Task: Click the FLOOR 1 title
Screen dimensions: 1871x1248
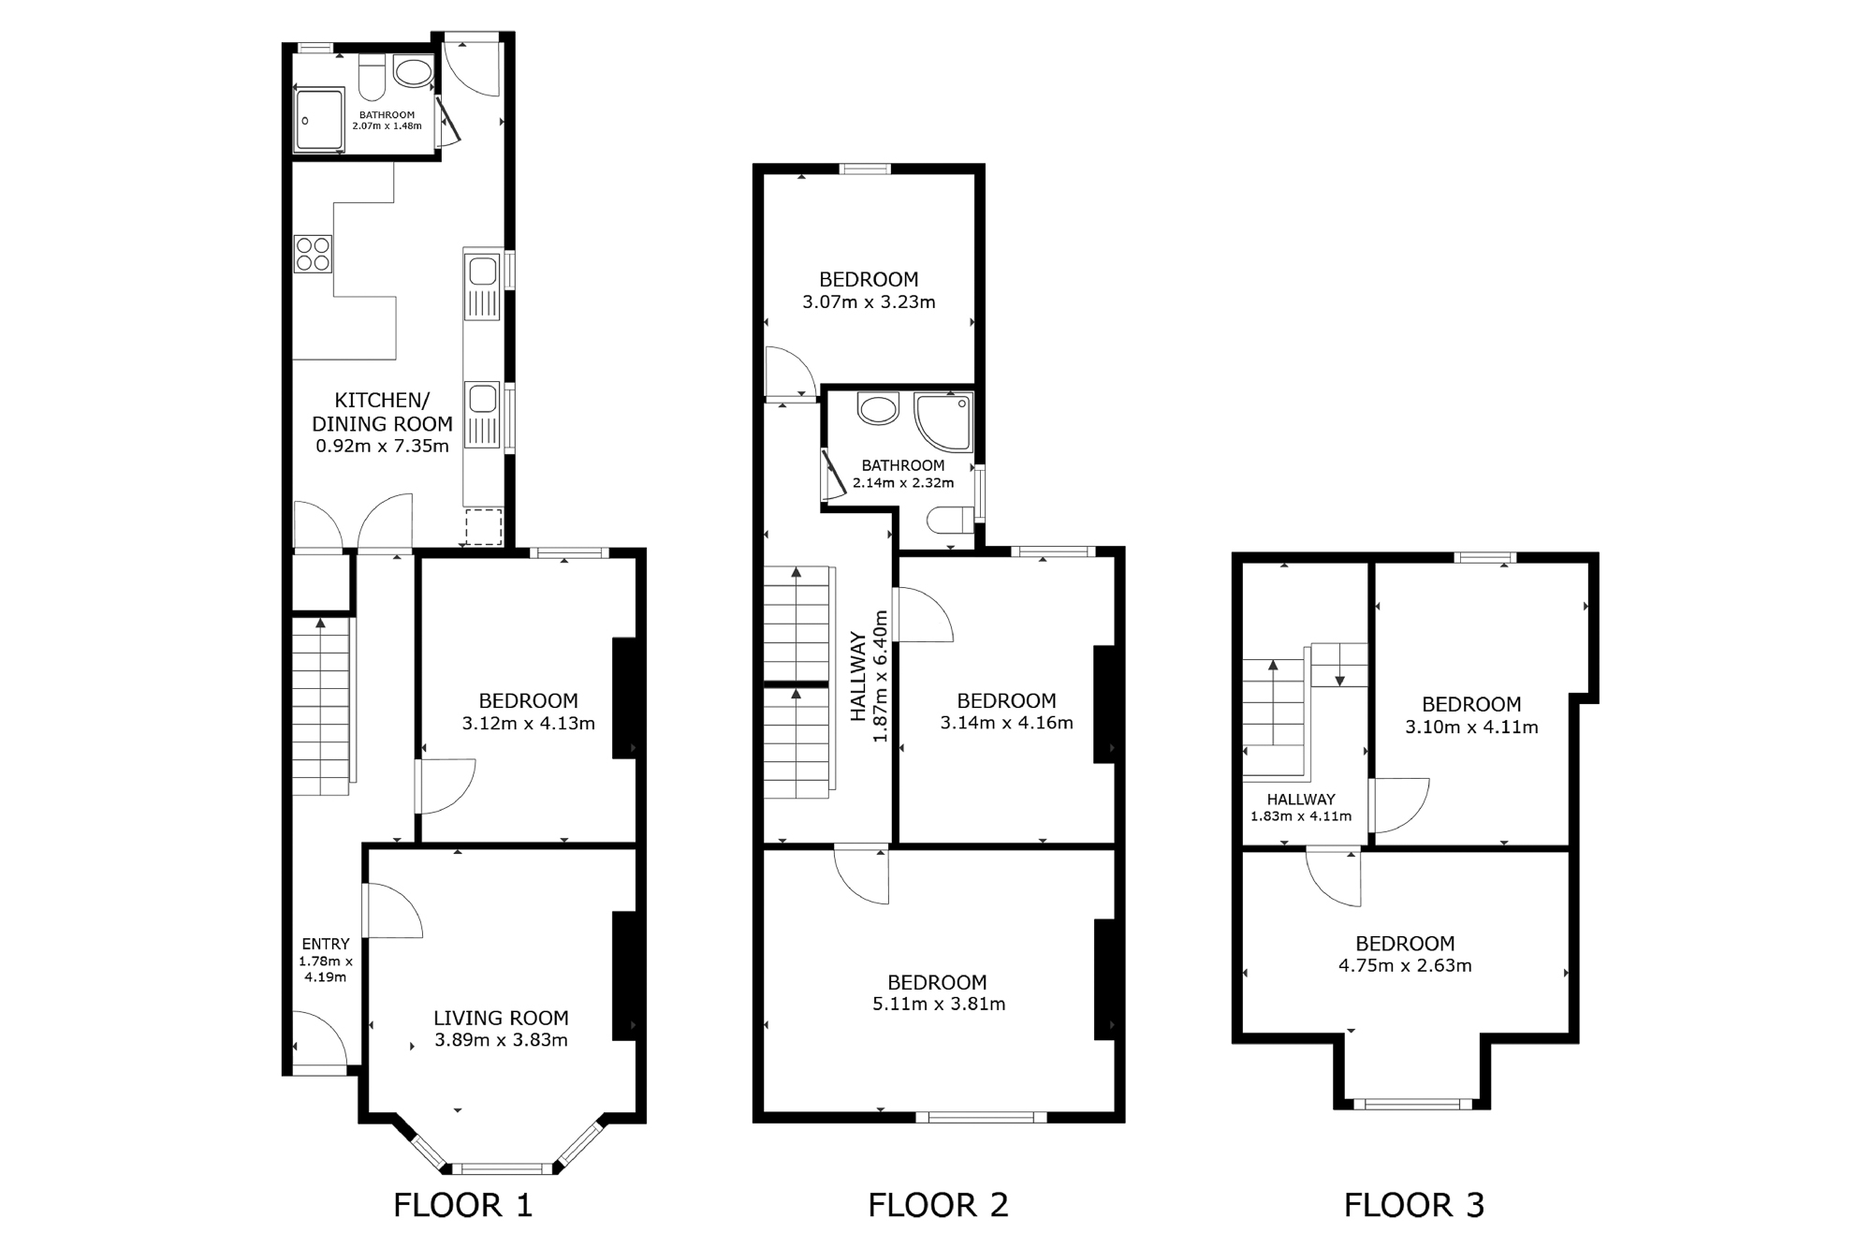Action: pyautogui.click(x=462, y=1204)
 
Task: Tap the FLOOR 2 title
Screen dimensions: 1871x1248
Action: pyautogui.click(x=938, y=1204)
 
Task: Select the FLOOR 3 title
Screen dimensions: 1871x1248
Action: pyautogui.click(x=1414, y=1204)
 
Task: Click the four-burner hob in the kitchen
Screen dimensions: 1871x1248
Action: pyautogui.click(x=313, y=253)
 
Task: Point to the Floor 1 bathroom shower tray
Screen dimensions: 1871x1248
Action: pyautogui.click(x=320, y=120)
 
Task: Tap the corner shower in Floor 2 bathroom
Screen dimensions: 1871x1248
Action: pyautogui.click(x=943, y=421)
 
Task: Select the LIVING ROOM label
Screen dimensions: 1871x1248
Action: pyautogui.click(x=501, y=1018)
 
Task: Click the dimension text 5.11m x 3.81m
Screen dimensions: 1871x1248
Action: pyautogui.click(x=937, y=1004)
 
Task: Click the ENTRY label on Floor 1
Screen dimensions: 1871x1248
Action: pyautogui.click(x=326, y=944)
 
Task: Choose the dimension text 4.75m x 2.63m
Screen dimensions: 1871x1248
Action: pyautogui.click(x=1405, y=965)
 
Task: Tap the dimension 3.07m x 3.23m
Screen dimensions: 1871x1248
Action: pyautogui.click(x=869, y=301)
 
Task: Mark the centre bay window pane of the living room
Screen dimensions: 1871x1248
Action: pyautogui.click(x=503, y=1167)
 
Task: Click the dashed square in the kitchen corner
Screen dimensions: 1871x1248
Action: pyautogui.click(x=484, y=526)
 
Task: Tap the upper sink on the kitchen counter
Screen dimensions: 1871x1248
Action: pyautogui.click(x=483, y=272)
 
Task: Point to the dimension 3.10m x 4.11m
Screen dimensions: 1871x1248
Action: pyautogui.click(x=1471, y=727)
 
